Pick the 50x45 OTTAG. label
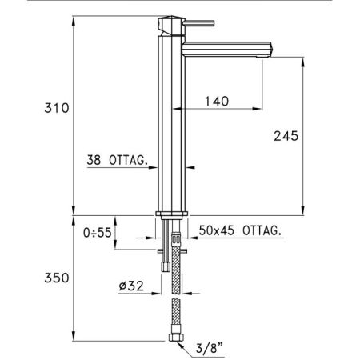pos(241,230)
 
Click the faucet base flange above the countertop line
pos(173,214)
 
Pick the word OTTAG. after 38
pos(130,160)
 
